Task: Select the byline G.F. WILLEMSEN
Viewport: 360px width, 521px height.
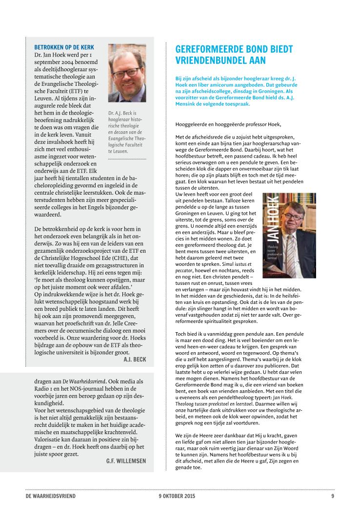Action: [126, 447]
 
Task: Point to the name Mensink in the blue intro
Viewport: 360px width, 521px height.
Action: [188, 104]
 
